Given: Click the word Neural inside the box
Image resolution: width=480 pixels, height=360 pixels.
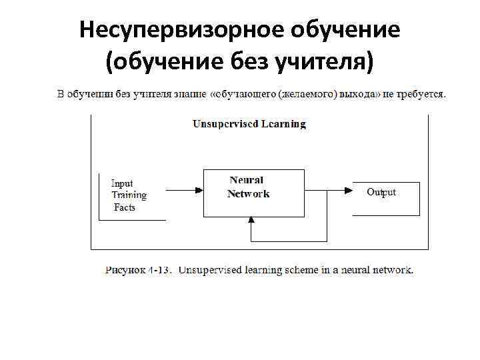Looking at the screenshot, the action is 247,180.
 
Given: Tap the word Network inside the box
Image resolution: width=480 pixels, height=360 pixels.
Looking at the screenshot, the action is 248,194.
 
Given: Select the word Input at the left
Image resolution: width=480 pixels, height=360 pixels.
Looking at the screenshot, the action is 122,183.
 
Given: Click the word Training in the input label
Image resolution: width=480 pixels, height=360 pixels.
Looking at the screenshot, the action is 129,195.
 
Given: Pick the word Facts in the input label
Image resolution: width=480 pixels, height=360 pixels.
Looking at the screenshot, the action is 124,207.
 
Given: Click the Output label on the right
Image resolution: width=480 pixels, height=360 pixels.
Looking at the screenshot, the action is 381,192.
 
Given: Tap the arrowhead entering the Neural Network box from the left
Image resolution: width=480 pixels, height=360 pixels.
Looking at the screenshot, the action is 199,190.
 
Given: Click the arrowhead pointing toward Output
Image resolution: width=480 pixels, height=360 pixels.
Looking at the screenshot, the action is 349,190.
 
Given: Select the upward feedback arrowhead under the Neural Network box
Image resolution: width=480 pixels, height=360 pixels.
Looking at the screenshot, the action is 251,220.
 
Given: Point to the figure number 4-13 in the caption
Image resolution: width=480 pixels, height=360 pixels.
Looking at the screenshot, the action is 161,270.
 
